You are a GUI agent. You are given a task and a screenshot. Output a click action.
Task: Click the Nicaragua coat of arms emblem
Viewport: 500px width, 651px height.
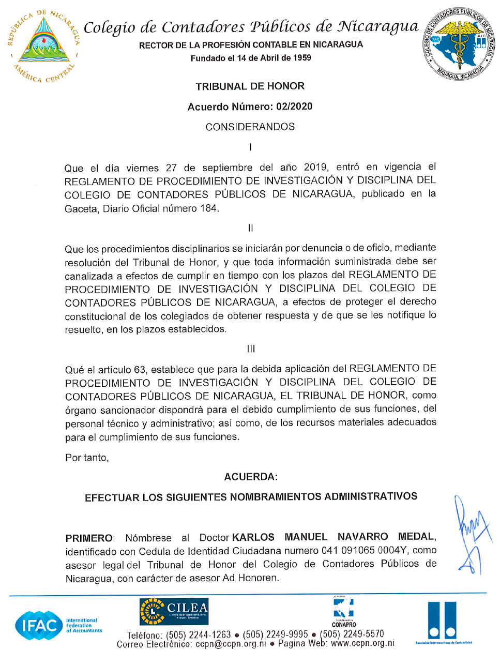pos(44,46)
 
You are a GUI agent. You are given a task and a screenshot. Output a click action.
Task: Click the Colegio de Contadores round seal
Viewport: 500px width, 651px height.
pos(458,44)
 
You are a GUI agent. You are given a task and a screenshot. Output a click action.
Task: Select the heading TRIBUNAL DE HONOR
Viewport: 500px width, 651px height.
pos(250,86)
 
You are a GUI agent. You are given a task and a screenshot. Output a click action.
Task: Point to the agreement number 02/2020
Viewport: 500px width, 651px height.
pos(294,107)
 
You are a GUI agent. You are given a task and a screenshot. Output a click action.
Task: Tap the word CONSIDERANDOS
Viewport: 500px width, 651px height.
pos(250,127)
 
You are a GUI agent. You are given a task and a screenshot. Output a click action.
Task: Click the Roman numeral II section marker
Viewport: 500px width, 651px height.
pos(250,228)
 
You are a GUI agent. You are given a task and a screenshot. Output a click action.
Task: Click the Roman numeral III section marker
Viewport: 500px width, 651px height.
pos(251,349)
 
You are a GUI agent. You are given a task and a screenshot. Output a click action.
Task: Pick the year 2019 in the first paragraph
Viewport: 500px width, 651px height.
pos(315,167)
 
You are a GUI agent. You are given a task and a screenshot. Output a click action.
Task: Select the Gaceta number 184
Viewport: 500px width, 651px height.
pos(208,208)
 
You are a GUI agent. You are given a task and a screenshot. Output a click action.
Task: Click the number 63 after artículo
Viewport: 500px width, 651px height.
pos(140,370)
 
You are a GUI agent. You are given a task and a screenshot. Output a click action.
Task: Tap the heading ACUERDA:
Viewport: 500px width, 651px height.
pos(251,477)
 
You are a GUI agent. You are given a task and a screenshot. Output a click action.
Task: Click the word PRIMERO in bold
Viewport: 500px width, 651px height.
pos(89,538)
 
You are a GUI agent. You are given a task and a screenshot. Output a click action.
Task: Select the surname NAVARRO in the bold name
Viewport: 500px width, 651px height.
pos(362,537)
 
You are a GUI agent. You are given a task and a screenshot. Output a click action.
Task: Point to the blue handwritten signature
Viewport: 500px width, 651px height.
pos(471,535)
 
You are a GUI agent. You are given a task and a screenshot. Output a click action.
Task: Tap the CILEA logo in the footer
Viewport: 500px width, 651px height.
pos(174,611)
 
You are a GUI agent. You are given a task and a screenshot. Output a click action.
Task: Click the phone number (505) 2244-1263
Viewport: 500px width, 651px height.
pos(198,635)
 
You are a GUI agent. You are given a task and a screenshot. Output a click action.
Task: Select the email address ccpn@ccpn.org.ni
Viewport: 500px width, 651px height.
pos(231,644)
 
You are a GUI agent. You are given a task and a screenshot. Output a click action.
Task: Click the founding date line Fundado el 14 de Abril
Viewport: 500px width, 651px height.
pos(251,58)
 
